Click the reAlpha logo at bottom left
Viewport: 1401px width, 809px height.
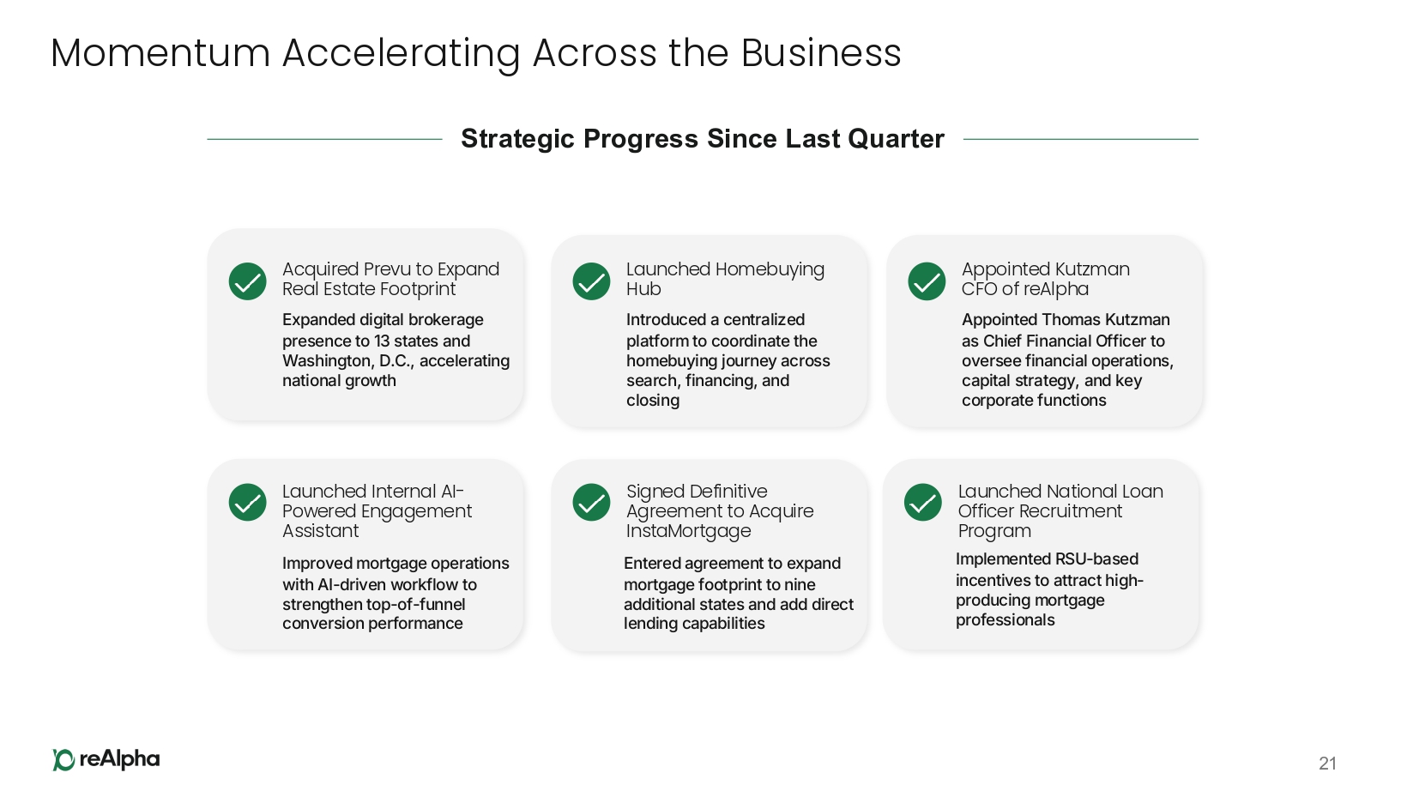(x=106, y=759)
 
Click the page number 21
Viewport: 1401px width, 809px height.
(x=1327, y=764)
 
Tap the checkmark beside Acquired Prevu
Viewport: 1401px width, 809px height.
(x=248, y=281)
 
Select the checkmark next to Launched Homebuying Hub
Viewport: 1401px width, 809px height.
(x=591, y=281)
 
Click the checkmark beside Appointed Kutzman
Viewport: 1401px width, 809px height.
(x=927, y=281)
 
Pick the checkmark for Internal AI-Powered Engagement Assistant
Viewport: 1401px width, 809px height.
(x=248, y=502)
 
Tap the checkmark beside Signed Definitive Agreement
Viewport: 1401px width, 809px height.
(x=591, y=502)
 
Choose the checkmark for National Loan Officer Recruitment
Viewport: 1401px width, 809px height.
(x=922, y=502)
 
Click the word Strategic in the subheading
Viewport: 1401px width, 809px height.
(x=516, y=140)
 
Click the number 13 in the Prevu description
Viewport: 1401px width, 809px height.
(x=383, y=341)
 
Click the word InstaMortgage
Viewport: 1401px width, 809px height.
(x=689, y=531)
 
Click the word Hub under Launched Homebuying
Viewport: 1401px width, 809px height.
(x=643, y=289)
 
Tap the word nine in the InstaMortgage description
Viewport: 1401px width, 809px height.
(x=800, y=584)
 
